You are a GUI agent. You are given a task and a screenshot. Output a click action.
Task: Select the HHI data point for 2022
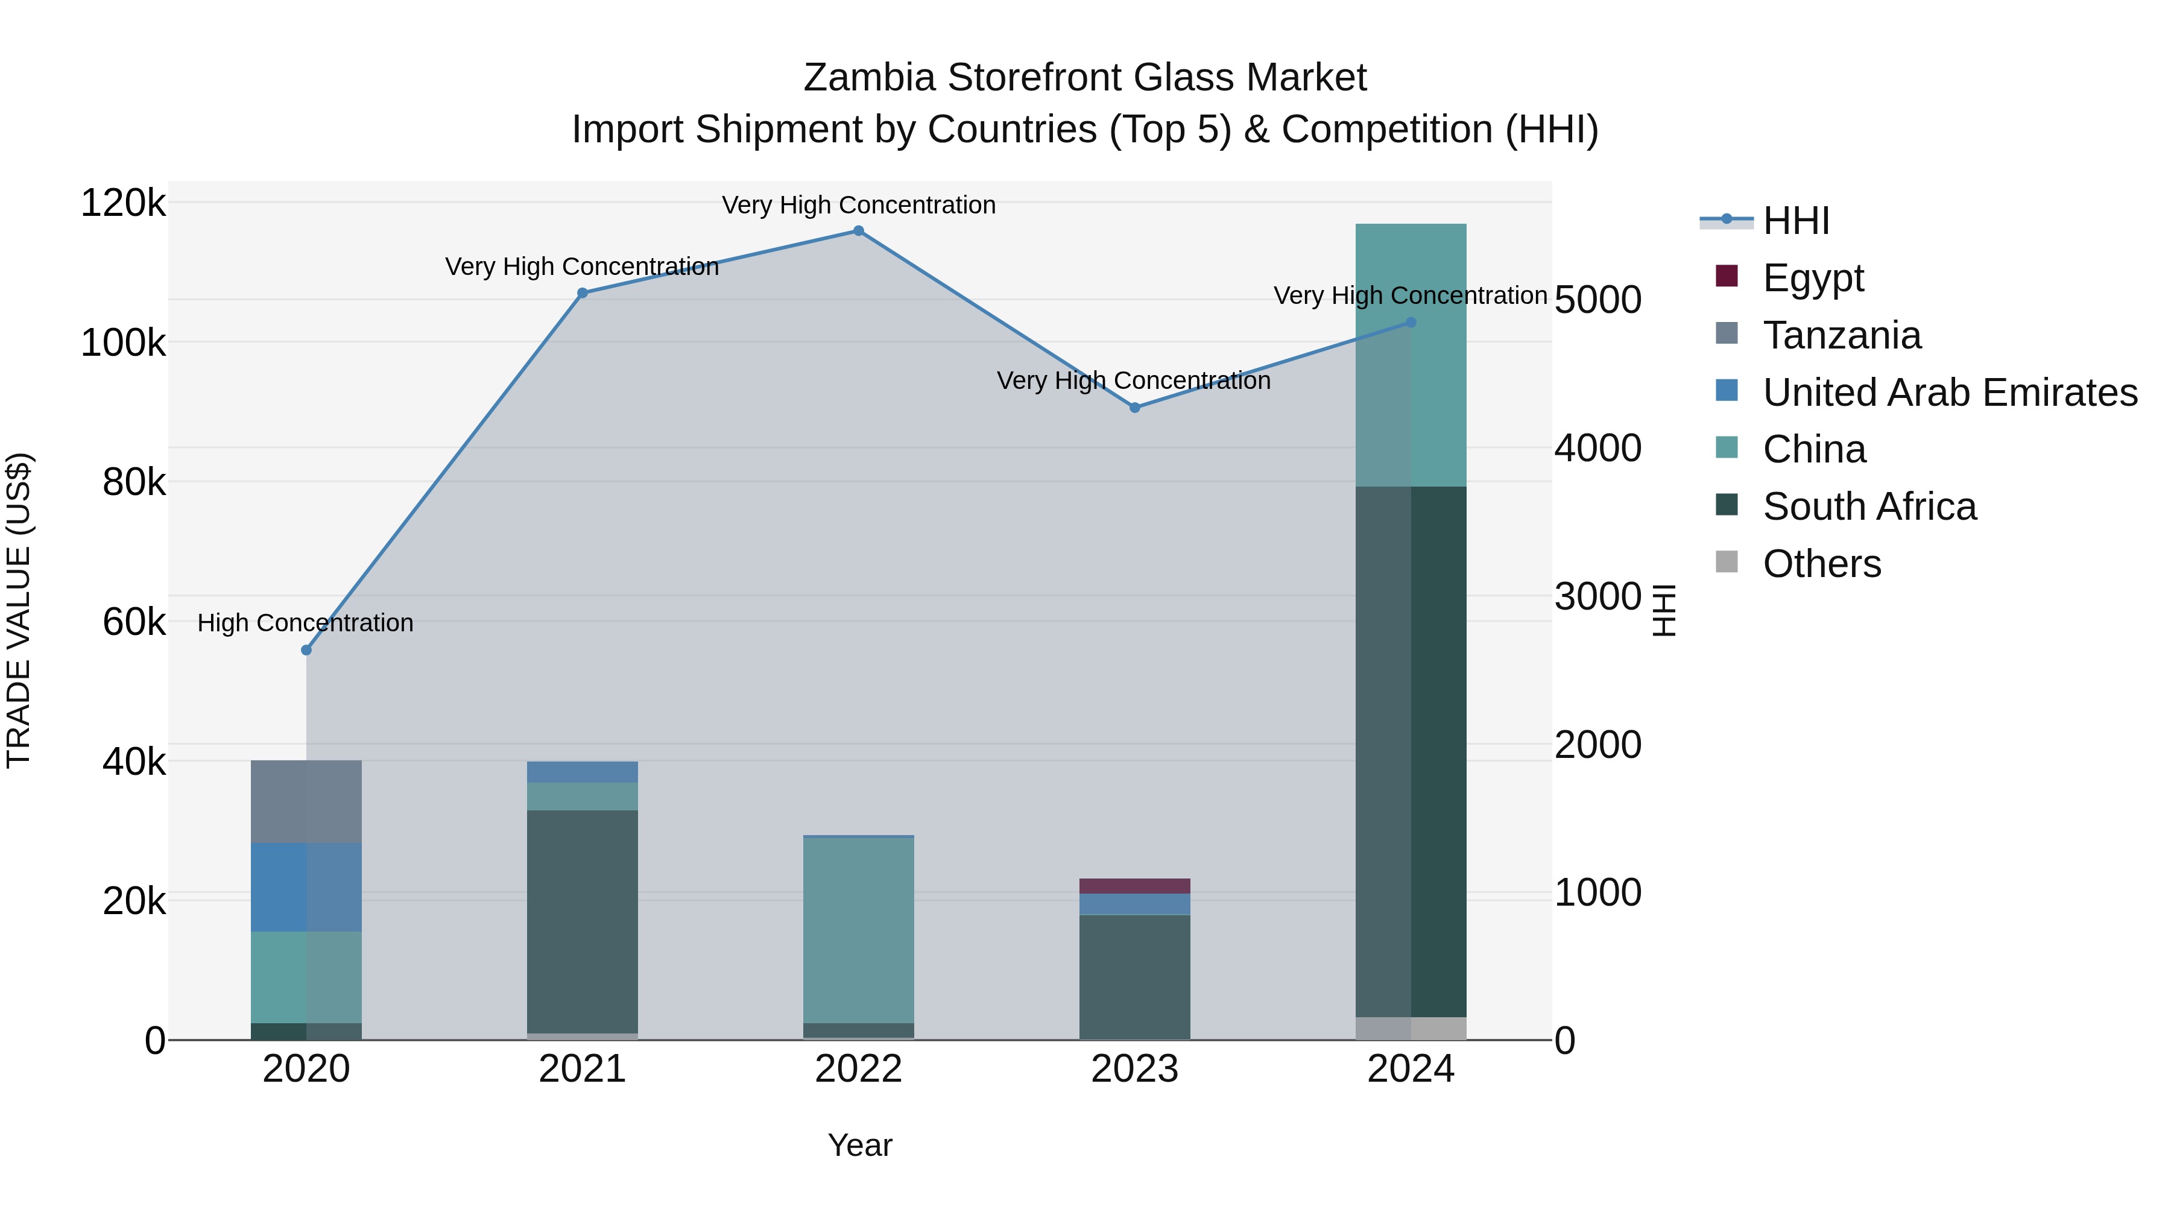(x=858, y=231)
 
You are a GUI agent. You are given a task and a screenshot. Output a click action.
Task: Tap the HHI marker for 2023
(x=1134, y=408)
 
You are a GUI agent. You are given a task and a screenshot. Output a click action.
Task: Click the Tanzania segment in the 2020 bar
(x=306, y=801)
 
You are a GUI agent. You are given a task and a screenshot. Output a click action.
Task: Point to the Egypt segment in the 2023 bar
(x=1134, y=886)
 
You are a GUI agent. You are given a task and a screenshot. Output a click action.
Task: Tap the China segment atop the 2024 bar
(x=1411, y=355)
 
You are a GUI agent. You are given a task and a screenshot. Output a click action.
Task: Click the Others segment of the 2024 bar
(x=1411, y=1028)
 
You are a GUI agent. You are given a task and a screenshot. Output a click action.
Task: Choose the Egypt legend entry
(x=1813, y=278)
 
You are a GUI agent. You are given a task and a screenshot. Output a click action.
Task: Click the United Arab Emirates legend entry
(x=1949, y=393)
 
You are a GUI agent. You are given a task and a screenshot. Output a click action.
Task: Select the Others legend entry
(x=1821, y=564)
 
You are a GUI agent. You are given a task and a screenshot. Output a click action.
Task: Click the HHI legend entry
(x=1795, y=221)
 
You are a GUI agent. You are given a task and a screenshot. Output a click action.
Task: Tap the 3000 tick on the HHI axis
(x=1597, y=596)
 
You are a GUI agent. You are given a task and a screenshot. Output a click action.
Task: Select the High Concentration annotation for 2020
(x=305, y=623)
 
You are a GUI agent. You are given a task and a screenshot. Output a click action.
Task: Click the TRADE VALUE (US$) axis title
(x=19, y=610)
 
